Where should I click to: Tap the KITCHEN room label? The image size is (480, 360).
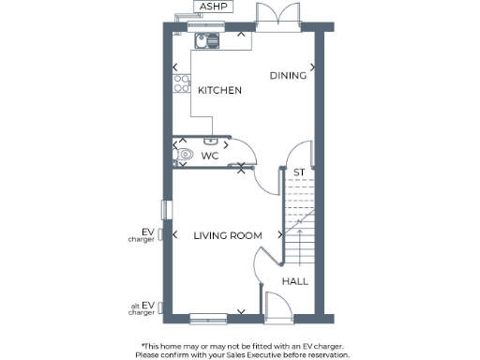219,91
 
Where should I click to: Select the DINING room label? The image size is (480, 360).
287,76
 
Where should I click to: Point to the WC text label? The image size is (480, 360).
211,156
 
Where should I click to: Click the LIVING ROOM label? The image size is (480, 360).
227,235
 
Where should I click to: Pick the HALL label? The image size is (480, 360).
295,280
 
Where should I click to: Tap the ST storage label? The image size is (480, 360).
299,172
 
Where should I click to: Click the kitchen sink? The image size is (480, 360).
205,39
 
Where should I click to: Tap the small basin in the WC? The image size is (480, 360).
210,141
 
